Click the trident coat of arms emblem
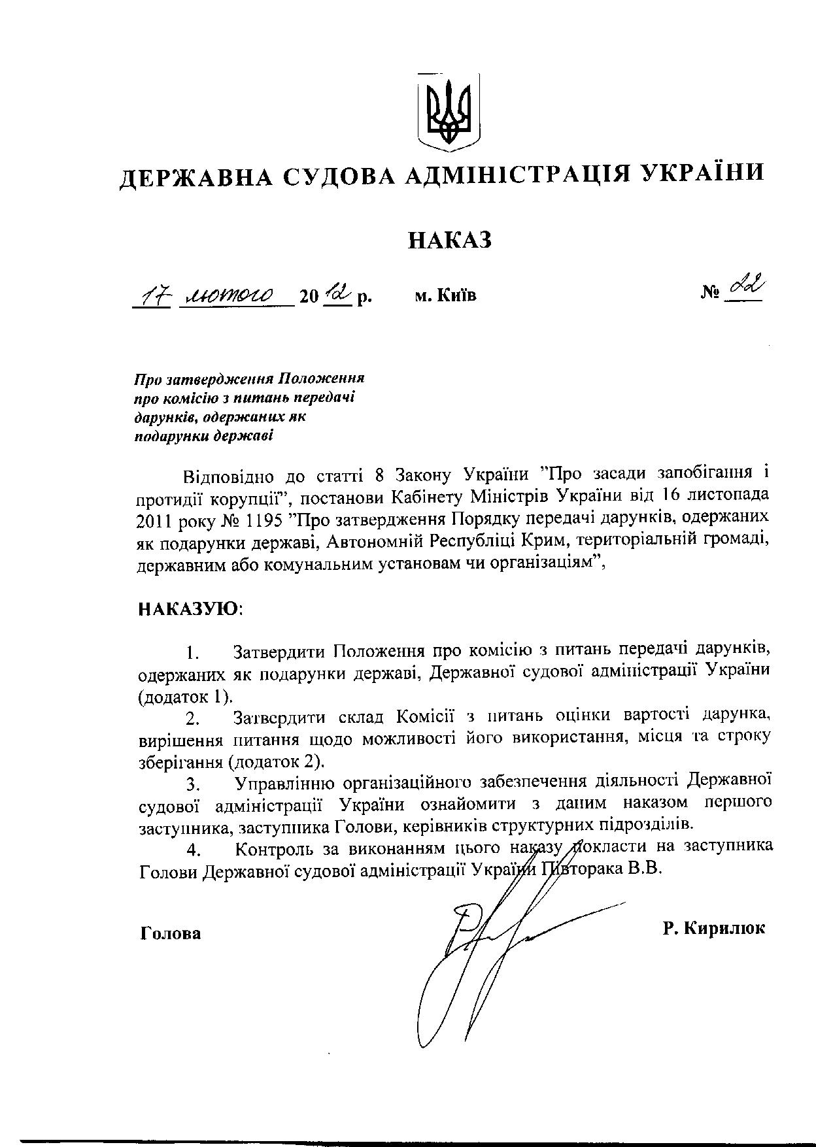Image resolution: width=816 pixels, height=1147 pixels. pyautogui.click(x=449, y=111)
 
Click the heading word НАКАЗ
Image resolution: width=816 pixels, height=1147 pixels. pyautogui.click(x=449, y=241)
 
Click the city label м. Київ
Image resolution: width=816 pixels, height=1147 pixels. pyautogui.click(x=445, y=296)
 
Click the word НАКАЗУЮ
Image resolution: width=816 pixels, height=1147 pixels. pyautogui.click(x=190, y=610)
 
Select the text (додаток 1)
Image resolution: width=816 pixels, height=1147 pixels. pyautogui.click(x=185, y=696)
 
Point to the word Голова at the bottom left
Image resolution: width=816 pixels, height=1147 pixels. pyautogui.click(x=171, y=933)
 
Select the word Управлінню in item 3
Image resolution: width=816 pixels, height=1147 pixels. pyautogui.click(x=284, y=782)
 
